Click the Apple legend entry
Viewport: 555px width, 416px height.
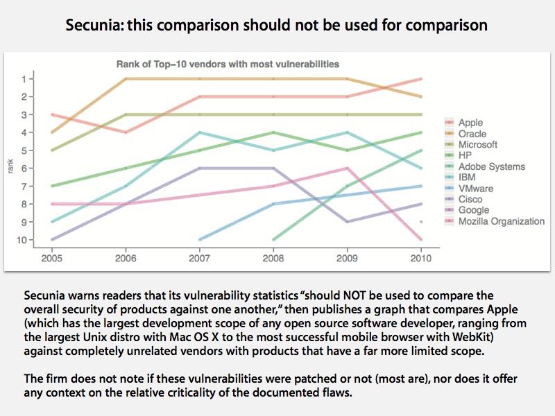(470, 123)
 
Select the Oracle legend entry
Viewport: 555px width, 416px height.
(472, 134)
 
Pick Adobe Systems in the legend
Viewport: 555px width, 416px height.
(492, 166)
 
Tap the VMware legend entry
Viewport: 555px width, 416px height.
(476, 189)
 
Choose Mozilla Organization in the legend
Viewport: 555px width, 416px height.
(502, 221)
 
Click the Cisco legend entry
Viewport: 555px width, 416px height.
(470, 199)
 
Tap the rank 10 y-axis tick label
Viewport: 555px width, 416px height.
(23, 240)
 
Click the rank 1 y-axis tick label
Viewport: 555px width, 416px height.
(25, 79)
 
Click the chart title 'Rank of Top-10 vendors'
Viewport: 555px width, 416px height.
(227, 64)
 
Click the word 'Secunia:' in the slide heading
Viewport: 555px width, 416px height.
(92, 26)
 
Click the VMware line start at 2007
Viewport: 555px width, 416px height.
(199, 240)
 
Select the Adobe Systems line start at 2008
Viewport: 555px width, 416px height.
(273, 240)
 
